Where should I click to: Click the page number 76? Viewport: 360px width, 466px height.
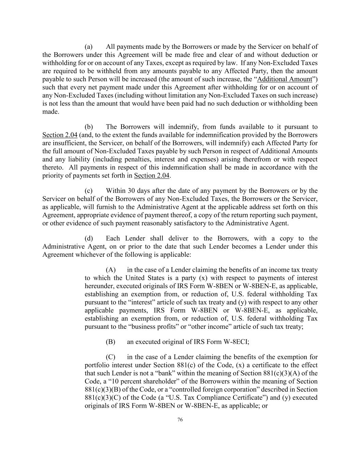coord(180,420)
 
